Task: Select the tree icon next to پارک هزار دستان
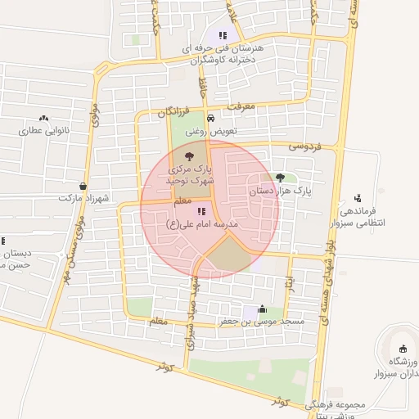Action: (x=281, y=177)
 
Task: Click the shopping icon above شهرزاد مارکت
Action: (x=83, y=186)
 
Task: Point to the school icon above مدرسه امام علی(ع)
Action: (x=201, y=211)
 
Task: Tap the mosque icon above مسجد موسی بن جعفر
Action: (x=262, y=309)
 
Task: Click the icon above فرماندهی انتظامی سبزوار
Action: (x=357, y=197)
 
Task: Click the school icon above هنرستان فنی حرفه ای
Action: (x=223, y=35)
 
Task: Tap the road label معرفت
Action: (x=243, y=106)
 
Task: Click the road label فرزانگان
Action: (x=173, y=111)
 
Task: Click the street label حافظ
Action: (x=204, y=81)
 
